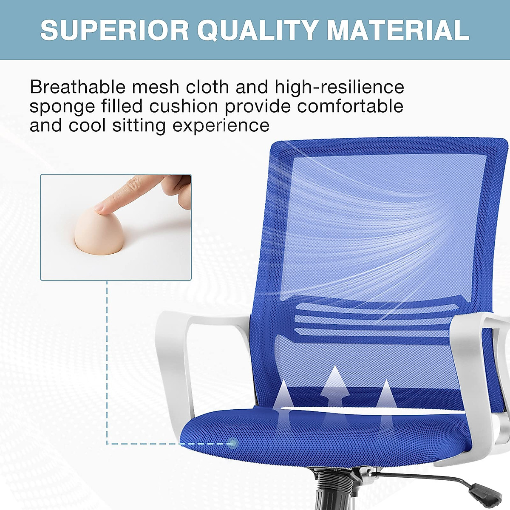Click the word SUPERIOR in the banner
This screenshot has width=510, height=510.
coord(114,30)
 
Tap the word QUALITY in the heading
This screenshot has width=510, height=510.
coord(258,30)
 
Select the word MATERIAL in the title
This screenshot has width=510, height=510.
coord(398,30)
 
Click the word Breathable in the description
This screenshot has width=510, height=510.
coord(78,87)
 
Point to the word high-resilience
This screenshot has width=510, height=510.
coord(340,87)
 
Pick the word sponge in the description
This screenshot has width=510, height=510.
coord(62,107)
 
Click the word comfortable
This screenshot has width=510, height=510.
coord(350,106)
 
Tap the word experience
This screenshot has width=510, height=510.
coord(221,126)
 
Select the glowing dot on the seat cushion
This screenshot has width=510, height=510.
coord(232,443)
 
